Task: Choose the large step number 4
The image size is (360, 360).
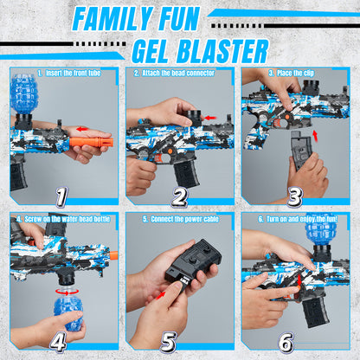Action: tap(58, 341)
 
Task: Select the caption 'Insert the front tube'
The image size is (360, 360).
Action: tap(63, 74)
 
